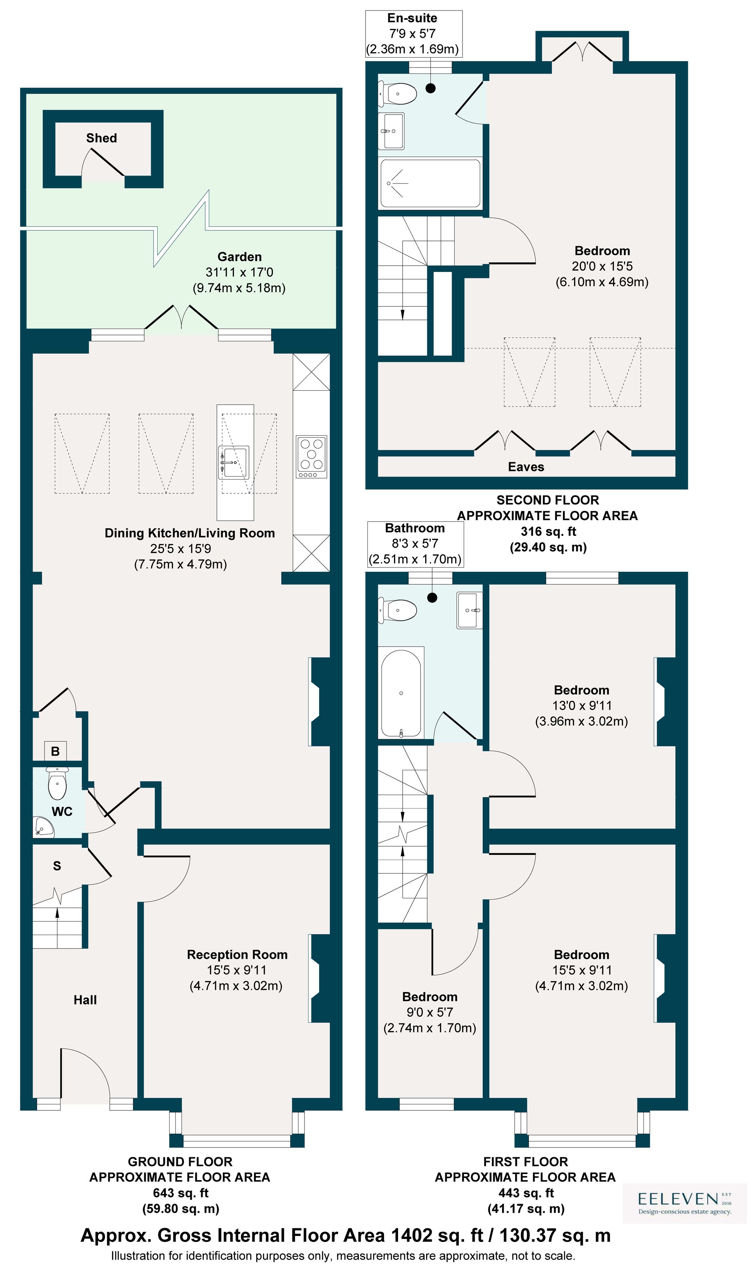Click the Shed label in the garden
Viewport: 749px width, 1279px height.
(x=101, y=138)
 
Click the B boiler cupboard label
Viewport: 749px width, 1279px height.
(x=55, y=751)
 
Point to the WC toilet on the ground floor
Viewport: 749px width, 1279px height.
(x=57, y=784)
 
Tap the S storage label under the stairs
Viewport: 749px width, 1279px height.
(x=57, y=866)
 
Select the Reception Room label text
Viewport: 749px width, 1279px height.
(x=237, y=955)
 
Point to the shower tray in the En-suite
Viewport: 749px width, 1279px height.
(x=430, y=183)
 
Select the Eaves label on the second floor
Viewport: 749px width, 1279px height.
(x=526, y=467)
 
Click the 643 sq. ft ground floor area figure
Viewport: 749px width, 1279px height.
(x=180, y=1193)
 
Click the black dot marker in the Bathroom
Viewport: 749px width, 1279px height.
(x=432, y=598)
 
